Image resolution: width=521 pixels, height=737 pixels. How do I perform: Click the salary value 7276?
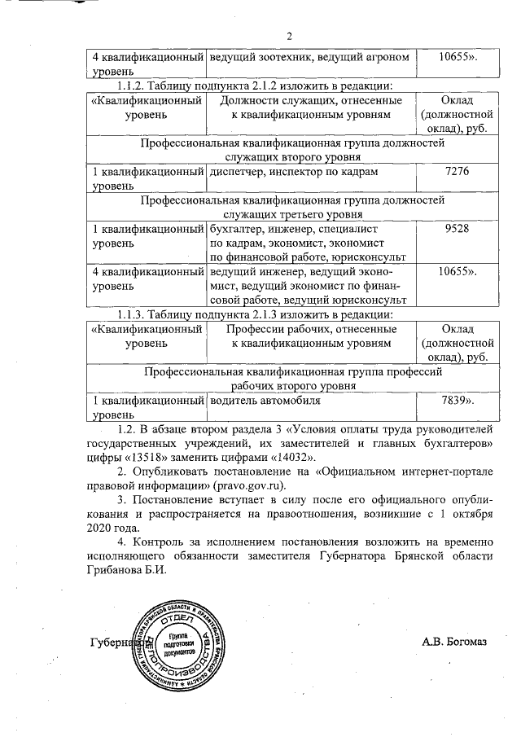pyautogui.click(x=452, y=173)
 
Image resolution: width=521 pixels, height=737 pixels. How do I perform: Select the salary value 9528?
pyautogui.click(x=452, y=230)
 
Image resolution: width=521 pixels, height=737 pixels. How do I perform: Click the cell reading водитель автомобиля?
pyautogui.click(x=265, y=401)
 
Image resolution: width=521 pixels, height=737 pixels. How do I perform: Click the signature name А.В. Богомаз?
pyautogui.click(x=453, y=643)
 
